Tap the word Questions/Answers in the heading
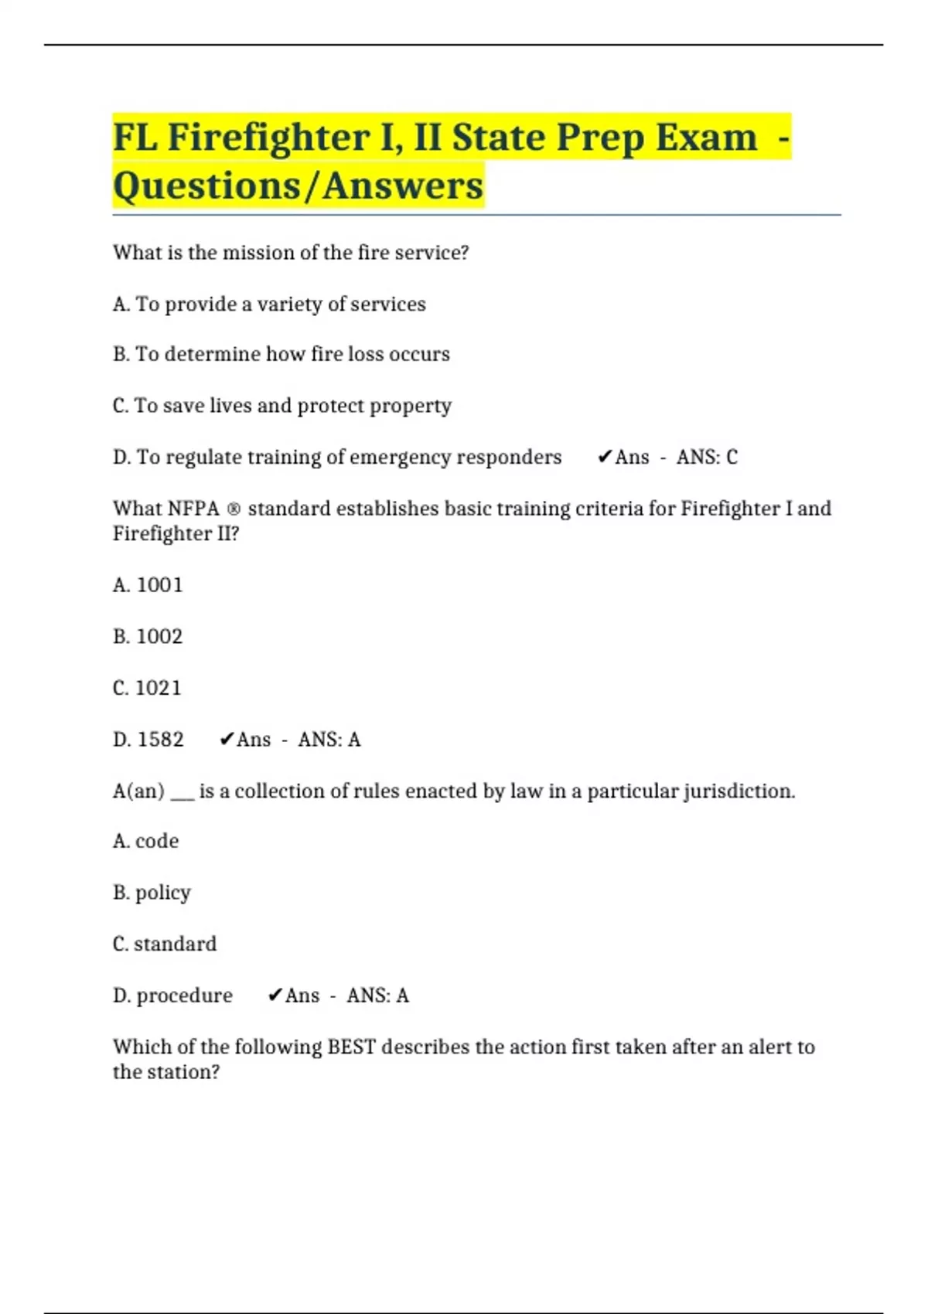(298, 186)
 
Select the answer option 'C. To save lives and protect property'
(281, 406)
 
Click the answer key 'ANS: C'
(707, 458)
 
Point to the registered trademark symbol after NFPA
(234, 509)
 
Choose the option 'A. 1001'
(148, 585)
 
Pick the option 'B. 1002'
(148, 637)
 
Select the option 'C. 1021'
(147, 688)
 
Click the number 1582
(161, 740)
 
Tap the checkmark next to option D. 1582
(226, 740)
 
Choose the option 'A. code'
(145, 841)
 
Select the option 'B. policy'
(152, 893)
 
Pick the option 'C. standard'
(165, 944)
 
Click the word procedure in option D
(184, 996)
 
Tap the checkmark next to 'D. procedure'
(275, 996)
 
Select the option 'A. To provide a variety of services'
(269, 305)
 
